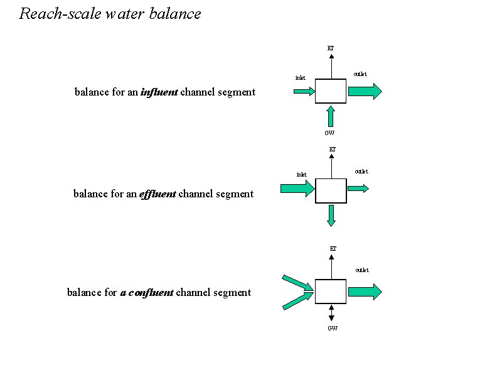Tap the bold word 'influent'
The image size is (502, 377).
(x=159, y=92)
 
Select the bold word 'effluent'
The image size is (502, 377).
(x=158, y=194)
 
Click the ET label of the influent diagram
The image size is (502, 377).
(x=331, y=48)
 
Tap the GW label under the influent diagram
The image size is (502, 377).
(x=329, y=133)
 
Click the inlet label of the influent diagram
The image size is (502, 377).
(x=301, y=78)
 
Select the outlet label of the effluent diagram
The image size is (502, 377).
(x=361, y=171)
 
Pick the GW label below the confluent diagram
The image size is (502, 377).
(x=333, y=329)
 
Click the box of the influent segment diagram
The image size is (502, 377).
(x=331, y=91)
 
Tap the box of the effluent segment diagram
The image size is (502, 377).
(x=331, y=191)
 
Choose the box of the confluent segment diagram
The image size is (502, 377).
(x=331, y=292)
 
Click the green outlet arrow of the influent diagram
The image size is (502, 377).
(x=365, y=92)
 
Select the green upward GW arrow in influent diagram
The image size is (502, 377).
(x=331, y=116)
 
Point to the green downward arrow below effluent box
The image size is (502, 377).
(x=331, y=215)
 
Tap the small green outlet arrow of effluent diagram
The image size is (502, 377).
(x=358, y=188)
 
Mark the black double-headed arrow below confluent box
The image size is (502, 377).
(x=331, y=314)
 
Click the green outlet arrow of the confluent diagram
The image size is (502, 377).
(x=365, y=292)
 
